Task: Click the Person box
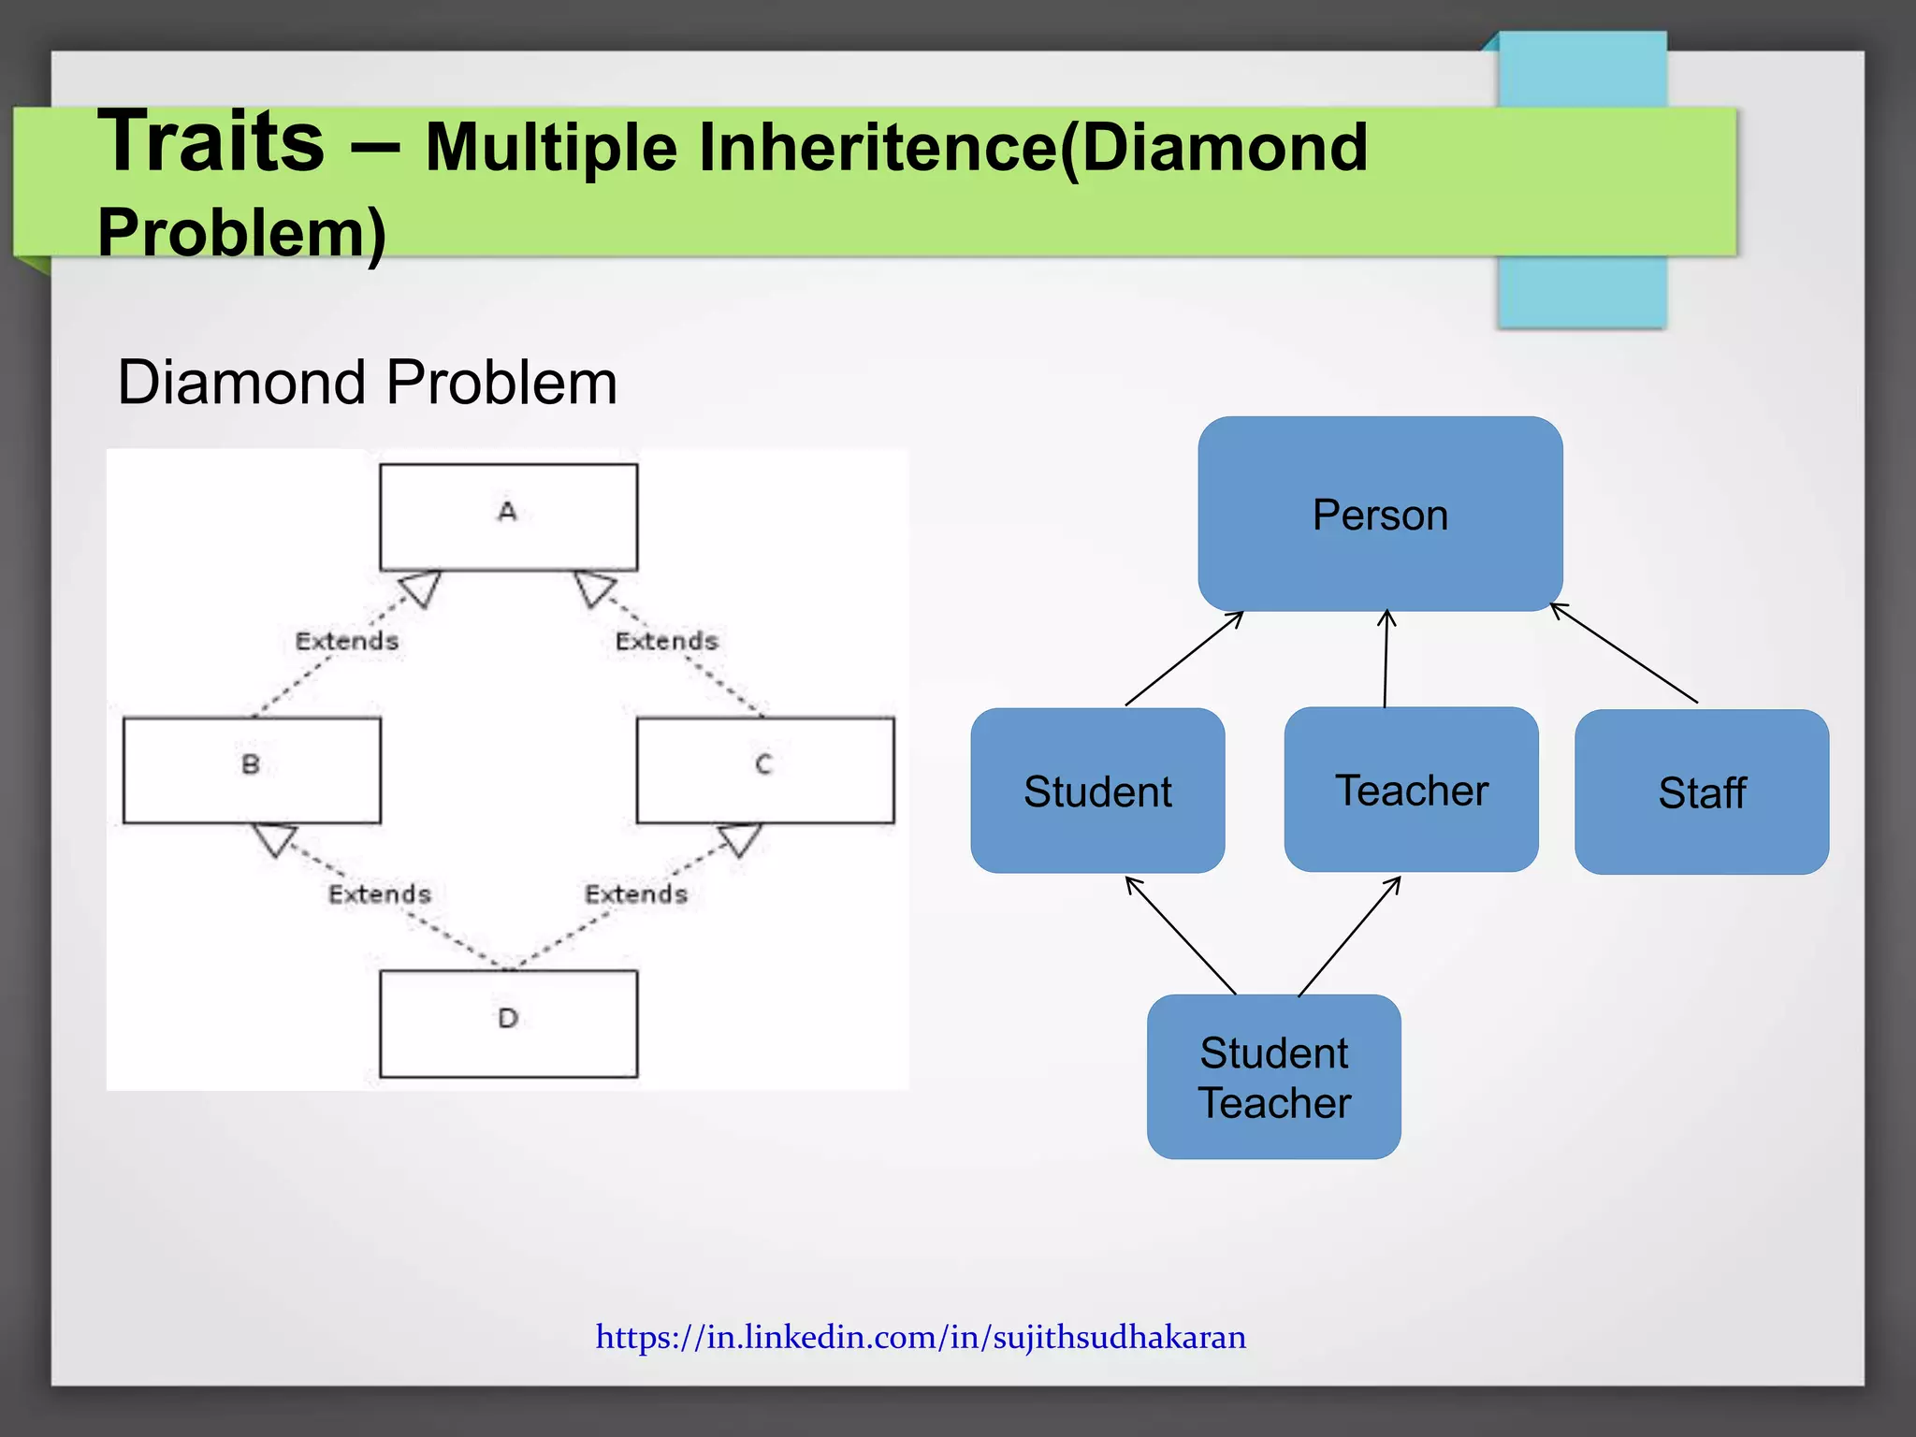(x=1380, y=514)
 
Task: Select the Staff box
(x=1701, y=792)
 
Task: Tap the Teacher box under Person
(x=1411, y=790)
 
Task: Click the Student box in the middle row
(x=1097, y=791)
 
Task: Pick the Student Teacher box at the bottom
(x=1273, y=1077)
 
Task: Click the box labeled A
(x=508, y=516)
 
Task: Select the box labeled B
(x=252, y=770)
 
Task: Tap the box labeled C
(x=764, y=770)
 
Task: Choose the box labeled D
(x=508, y=1023)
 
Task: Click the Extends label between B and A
(x=347, y=641)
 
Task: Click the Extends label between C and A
(x=666, y=641)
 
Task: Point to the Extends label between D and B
(x=379, y=893)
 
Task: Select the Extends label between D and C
(x=636, y=893)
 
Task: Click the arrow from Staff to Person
(x=1624, y=654)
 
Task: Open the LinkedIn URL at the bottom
(x=921, y=1337)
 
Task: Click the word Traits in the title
(x=211, y=142)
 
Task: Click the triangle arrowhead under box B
(x=275, y=839)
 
